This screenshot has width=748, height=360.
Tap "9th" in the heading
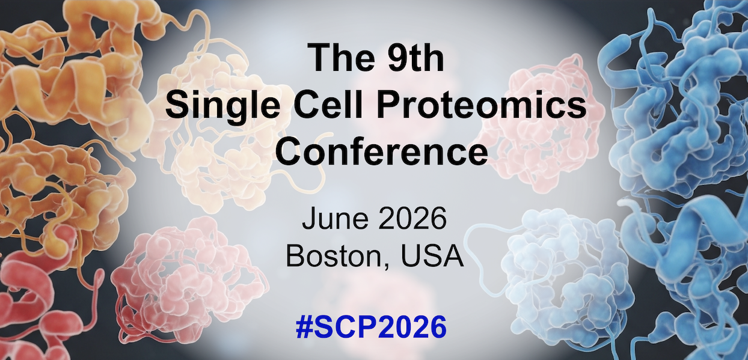coord(415,57)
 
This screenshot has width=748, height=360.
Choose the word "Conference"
coord(382,152)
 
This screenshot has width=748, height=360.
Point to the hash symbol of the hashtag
coord(304,326)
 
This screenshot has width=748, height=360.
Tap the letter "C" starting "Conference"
coord(289,152)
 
